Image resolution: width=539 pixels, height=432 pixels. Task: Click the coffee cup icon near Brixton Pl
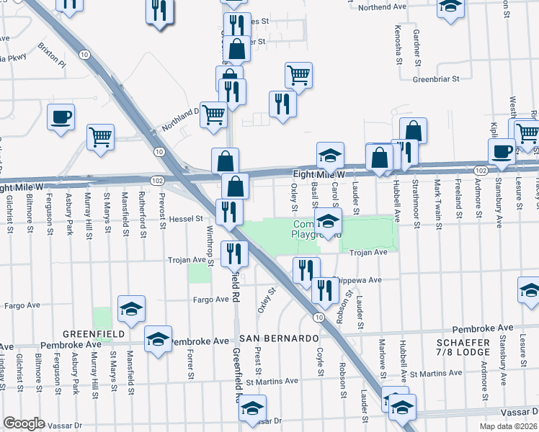(61, 117)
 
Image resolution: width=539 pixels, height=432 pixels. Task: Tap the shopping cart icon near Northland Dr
(213, 114)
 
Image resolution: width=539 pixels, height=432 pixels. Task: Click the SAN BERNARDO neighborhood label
(279, 338)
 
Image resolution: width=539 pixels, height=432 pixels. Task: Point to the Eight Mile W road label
(319, 174)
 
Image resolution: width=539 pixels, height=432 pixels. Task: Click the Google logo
(24, 423)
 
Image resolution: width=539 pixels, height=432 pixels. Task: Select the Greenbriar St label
(435, 79)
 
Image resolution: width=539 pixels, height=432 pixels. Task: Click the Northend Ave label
(383, 7)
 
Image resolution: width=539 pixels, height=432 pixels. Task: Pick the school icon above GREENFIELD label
(131, 309)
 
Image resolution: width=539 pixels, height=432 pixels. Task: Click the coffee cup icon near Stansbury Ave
(502, 150)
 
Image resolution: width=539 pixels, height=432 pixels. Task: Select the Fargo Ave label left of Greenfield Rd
(210, 299)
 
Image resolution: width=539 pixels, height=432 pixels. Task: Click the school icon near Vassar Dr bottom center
(252, 408)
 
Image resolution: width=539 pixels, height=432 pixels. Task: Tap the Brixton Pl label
(52, 63)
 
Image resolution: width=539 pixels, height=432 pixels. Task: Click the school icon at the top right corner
(450, 8)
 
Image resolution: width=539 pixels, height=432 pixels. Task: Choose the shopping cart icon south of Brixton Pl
(101, 137)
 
